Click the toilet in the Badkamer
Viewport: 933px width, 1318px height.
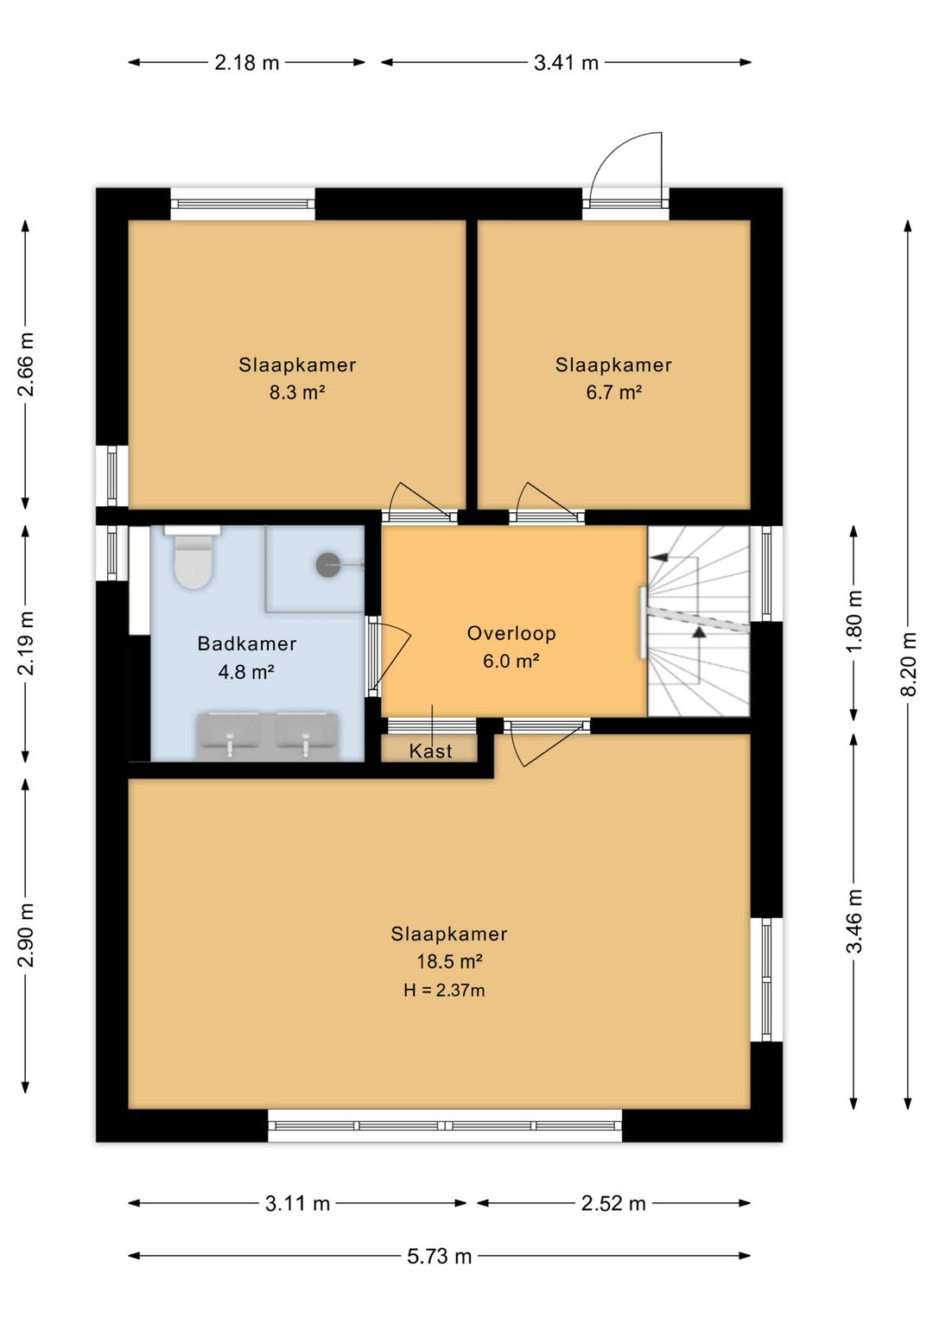click(x=192, y=557)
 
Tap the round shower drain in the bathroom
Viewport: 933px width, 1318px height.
click(x=327, y=565)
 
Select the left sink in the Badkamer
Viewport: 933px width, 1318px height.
click(x=229, y=736)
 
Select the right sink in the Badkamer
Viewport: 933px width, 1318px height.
click(x=306, y=736)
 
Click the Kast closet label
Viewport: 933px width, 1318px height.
click(x=430, y=751)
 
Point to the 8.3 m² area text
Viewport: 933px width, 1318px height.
click(x=297, y=392)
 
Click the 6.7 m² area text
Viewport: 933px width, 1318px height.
click(x=613, y=392)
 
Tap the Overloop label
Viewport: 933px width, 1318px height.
click(x=511, y=634)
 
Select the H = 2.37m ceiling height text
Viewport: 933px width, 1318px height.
click(x=444, y=991)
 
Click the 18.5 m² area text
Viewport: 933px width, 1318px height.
click(x=450, y=961)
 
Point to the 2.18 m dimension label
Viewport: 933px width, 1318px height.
click(x=247, y=62)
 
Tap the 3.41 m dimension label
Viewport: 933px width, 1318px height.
click(x=566, y=62)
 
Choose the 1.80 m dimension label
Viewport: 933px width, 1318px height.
click(x=854, y=621)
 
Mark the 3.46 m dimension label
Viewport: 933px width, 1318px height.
click(x=854, y=921)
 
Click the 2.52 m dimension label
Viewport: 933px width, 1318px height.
click(x=613, y=1204)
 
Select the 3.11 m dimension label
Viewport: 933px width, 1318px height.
click(x=297, y=1204)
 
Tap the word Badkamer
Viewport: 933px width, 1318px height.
click(x=247, y=643)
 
